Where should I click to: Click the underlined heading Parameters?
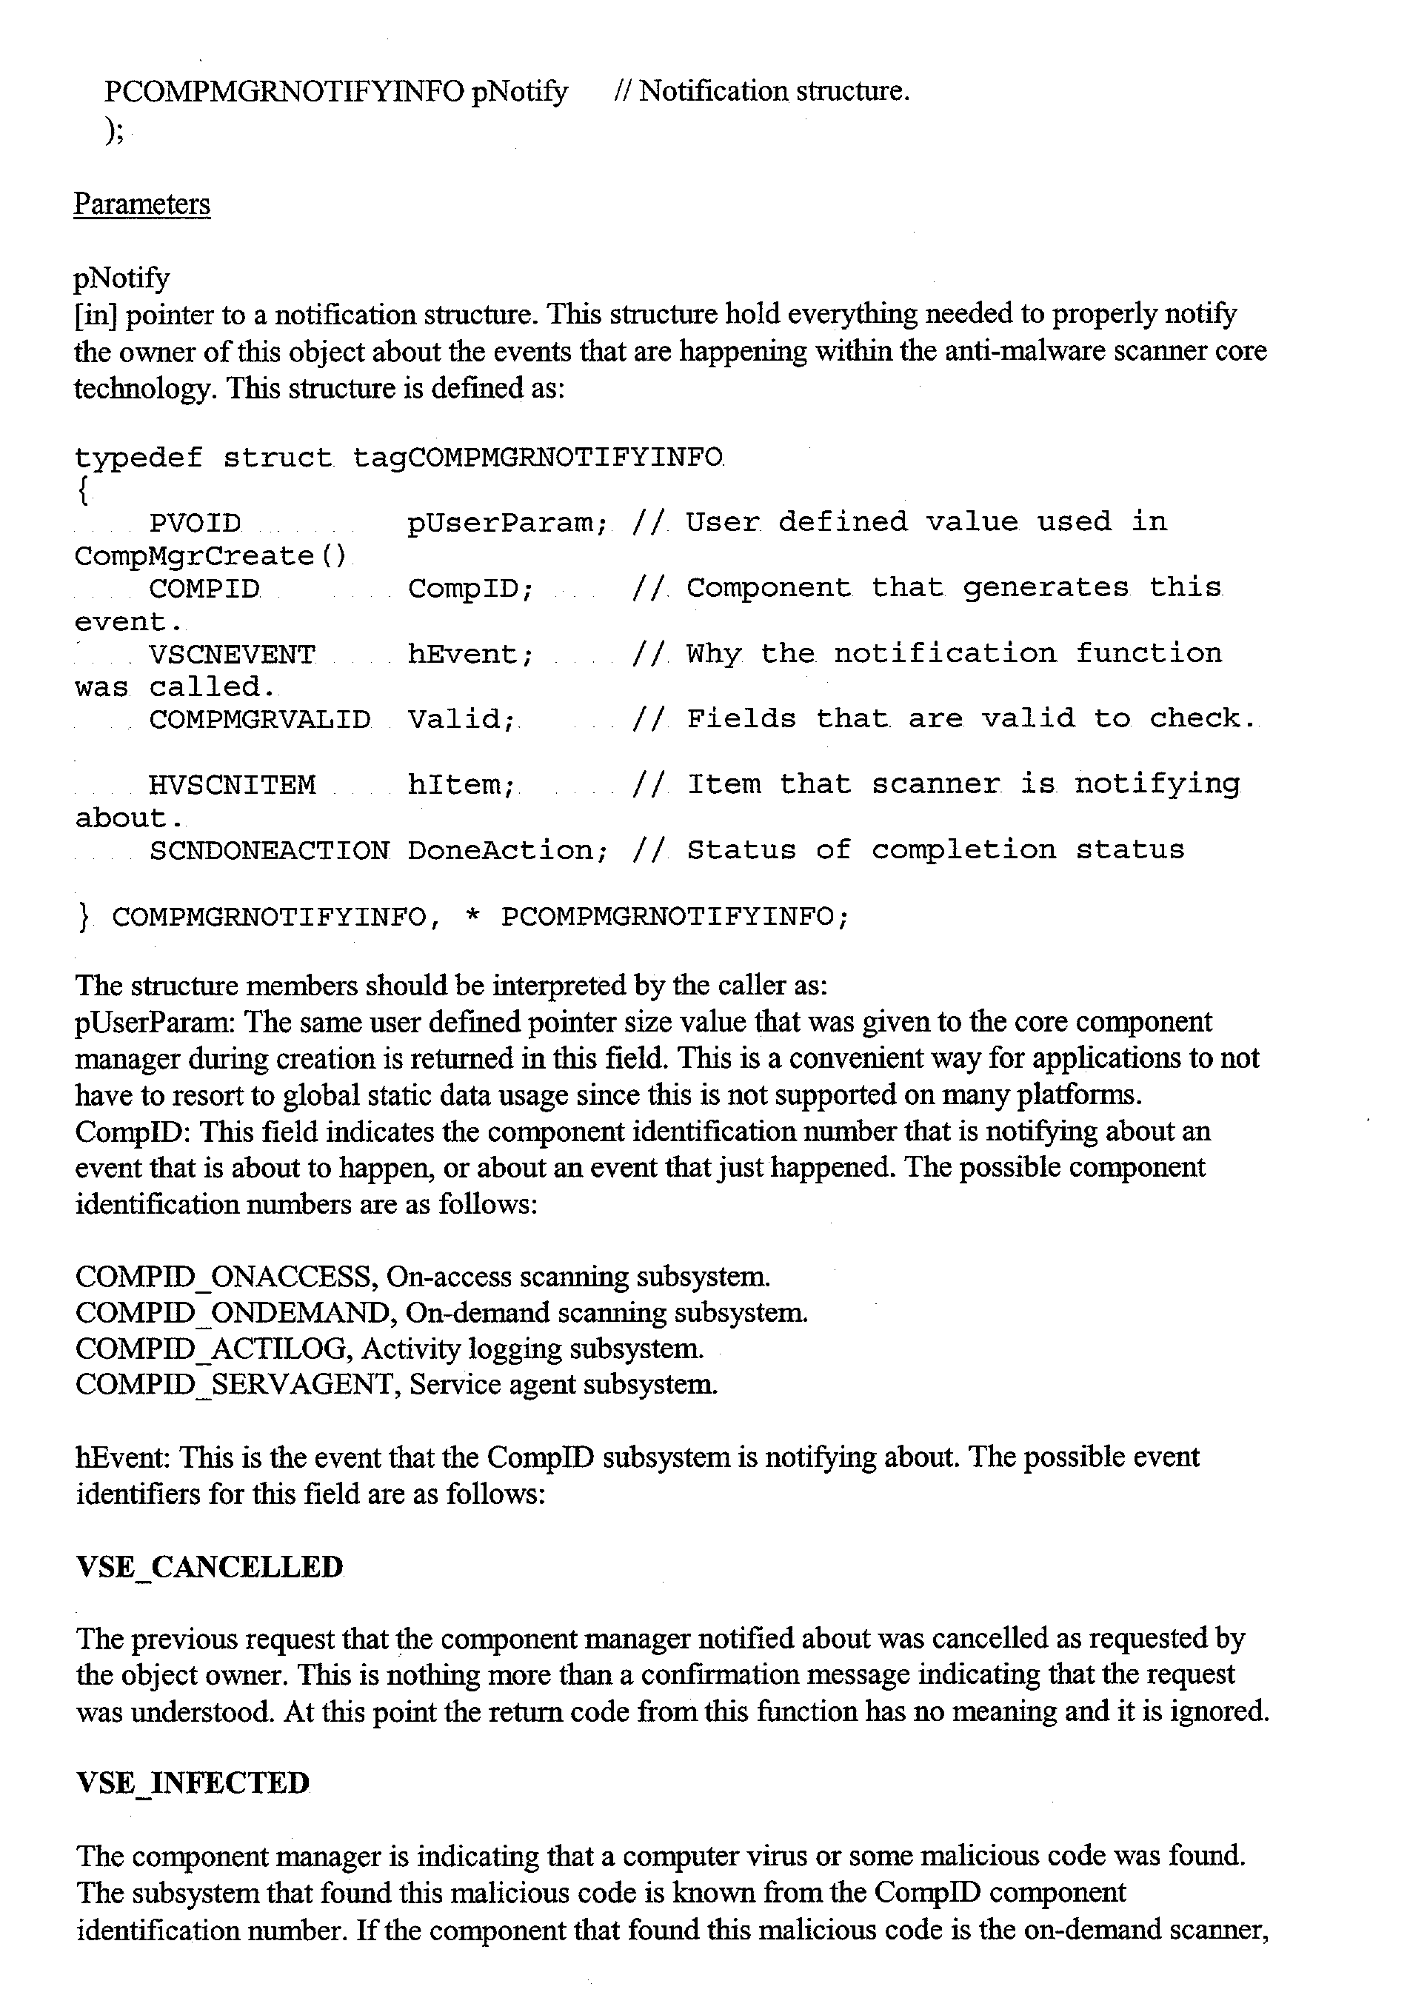point(141,204)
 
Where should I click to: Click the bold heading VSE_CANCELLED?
point(210,1567)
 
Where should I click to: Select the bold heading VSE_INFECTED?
point(193,1783)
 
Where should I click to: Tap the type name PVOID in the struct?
point(195,523)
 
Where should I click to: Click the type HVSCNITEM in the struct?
point(232,786)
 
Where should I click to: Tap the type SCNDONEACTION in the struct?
point(270,851)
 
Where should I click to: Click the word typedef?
point(138,458)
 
